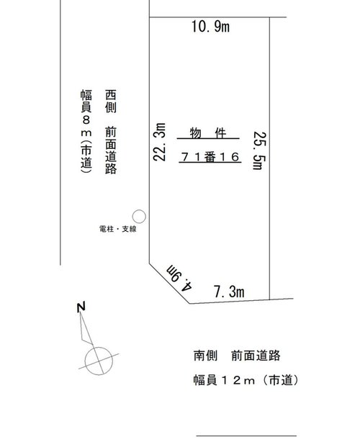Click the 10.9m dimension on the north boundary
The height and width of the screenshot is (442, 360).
point(210,27)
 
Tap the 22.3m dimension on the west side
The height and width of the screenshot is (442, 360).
point(159,142)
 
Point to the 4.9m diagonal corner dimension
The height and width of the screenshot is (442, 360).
point(179,277)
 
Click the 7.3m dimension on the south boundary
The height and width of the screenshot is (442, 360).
point(229,292)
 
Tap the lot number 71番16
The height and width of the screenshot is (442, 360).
point(210,157)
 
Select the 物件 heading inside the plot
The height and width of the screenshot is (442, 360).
point(208,133)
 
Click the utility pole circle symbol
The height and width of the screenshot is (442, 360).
point(139,217)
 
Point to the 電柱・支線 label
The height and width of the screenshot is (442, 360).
point(118,229)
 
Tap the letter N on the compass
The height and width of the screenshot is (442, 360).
point(81,307)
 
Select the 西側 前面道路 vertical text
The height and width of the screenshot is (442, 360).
point(111,132)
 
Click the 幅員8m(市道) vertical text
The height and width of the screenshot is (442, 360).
point(86,131)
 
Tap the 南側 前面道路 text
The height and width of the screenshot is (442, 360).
point(237,356)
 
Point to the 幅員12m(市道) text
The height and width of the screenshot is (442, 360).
point(246,380)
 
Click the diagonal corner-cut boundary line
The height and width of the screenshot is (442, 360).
point(169,284)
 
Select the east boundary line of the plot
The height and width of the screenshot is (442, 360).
point(270,158)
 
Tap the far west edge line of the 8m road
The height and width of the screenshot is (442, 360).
point(60,132)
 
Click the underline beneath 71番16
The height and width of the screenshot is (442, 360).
point(210,163)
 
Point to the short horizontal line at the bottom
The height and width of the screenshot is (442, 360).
point(246,436)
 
